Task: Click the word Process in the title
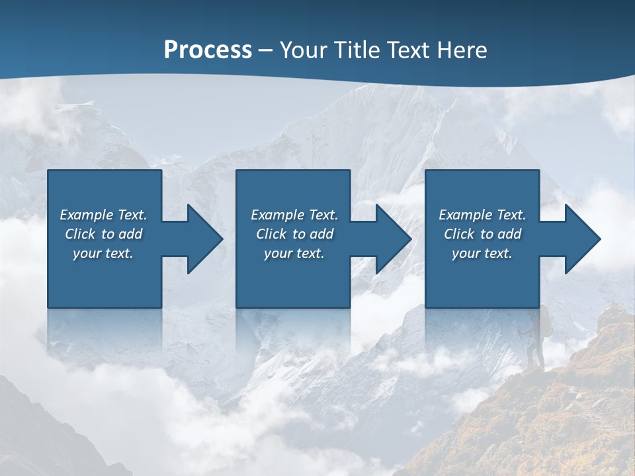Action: coord(208,50)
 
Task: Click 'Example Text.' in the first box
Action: coord(103,215)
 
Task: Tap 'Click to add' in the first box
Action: coord(103,234)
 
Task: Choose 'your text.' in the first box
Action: coord(103,253)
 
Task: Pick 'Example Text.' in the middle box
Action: coord(294,215)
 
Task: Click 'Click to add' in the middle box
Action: coord(294,234)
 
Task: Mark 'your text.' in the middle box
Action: coord(294,253)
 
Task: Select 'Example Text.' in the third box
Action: coord(482,215)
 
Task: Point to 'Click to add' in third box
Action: coord(482,234)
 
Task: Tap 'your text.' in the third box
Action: coord(482,253)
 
